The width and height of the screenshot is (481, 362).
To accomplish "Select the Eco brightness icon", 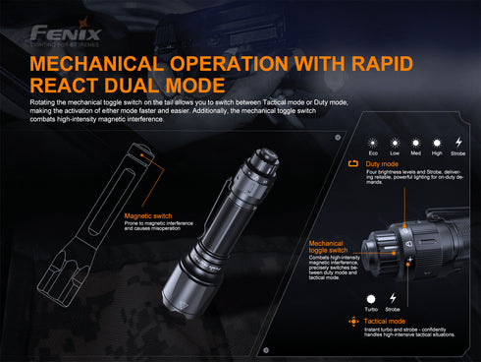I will pos(373,144).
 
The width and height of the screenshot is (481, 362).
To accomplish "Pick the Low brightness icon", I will pos(395,144).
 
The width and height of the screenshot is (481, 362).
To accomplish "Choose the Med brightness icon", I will pos(416,144).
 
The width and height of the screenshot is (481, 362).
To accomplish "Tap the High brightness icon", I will pos(438,144).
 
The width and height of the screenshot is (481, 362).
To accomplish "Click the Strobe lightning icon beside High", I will pos(458,144).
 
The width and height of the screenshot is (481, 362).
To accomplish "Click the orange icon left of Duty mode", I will pos(354,164).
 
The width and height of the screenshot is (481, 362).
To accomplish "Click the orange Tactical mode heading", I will pos(385,321).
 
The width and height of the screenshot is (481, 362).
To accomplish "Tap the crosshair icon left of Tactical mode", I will pos(353,321).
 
